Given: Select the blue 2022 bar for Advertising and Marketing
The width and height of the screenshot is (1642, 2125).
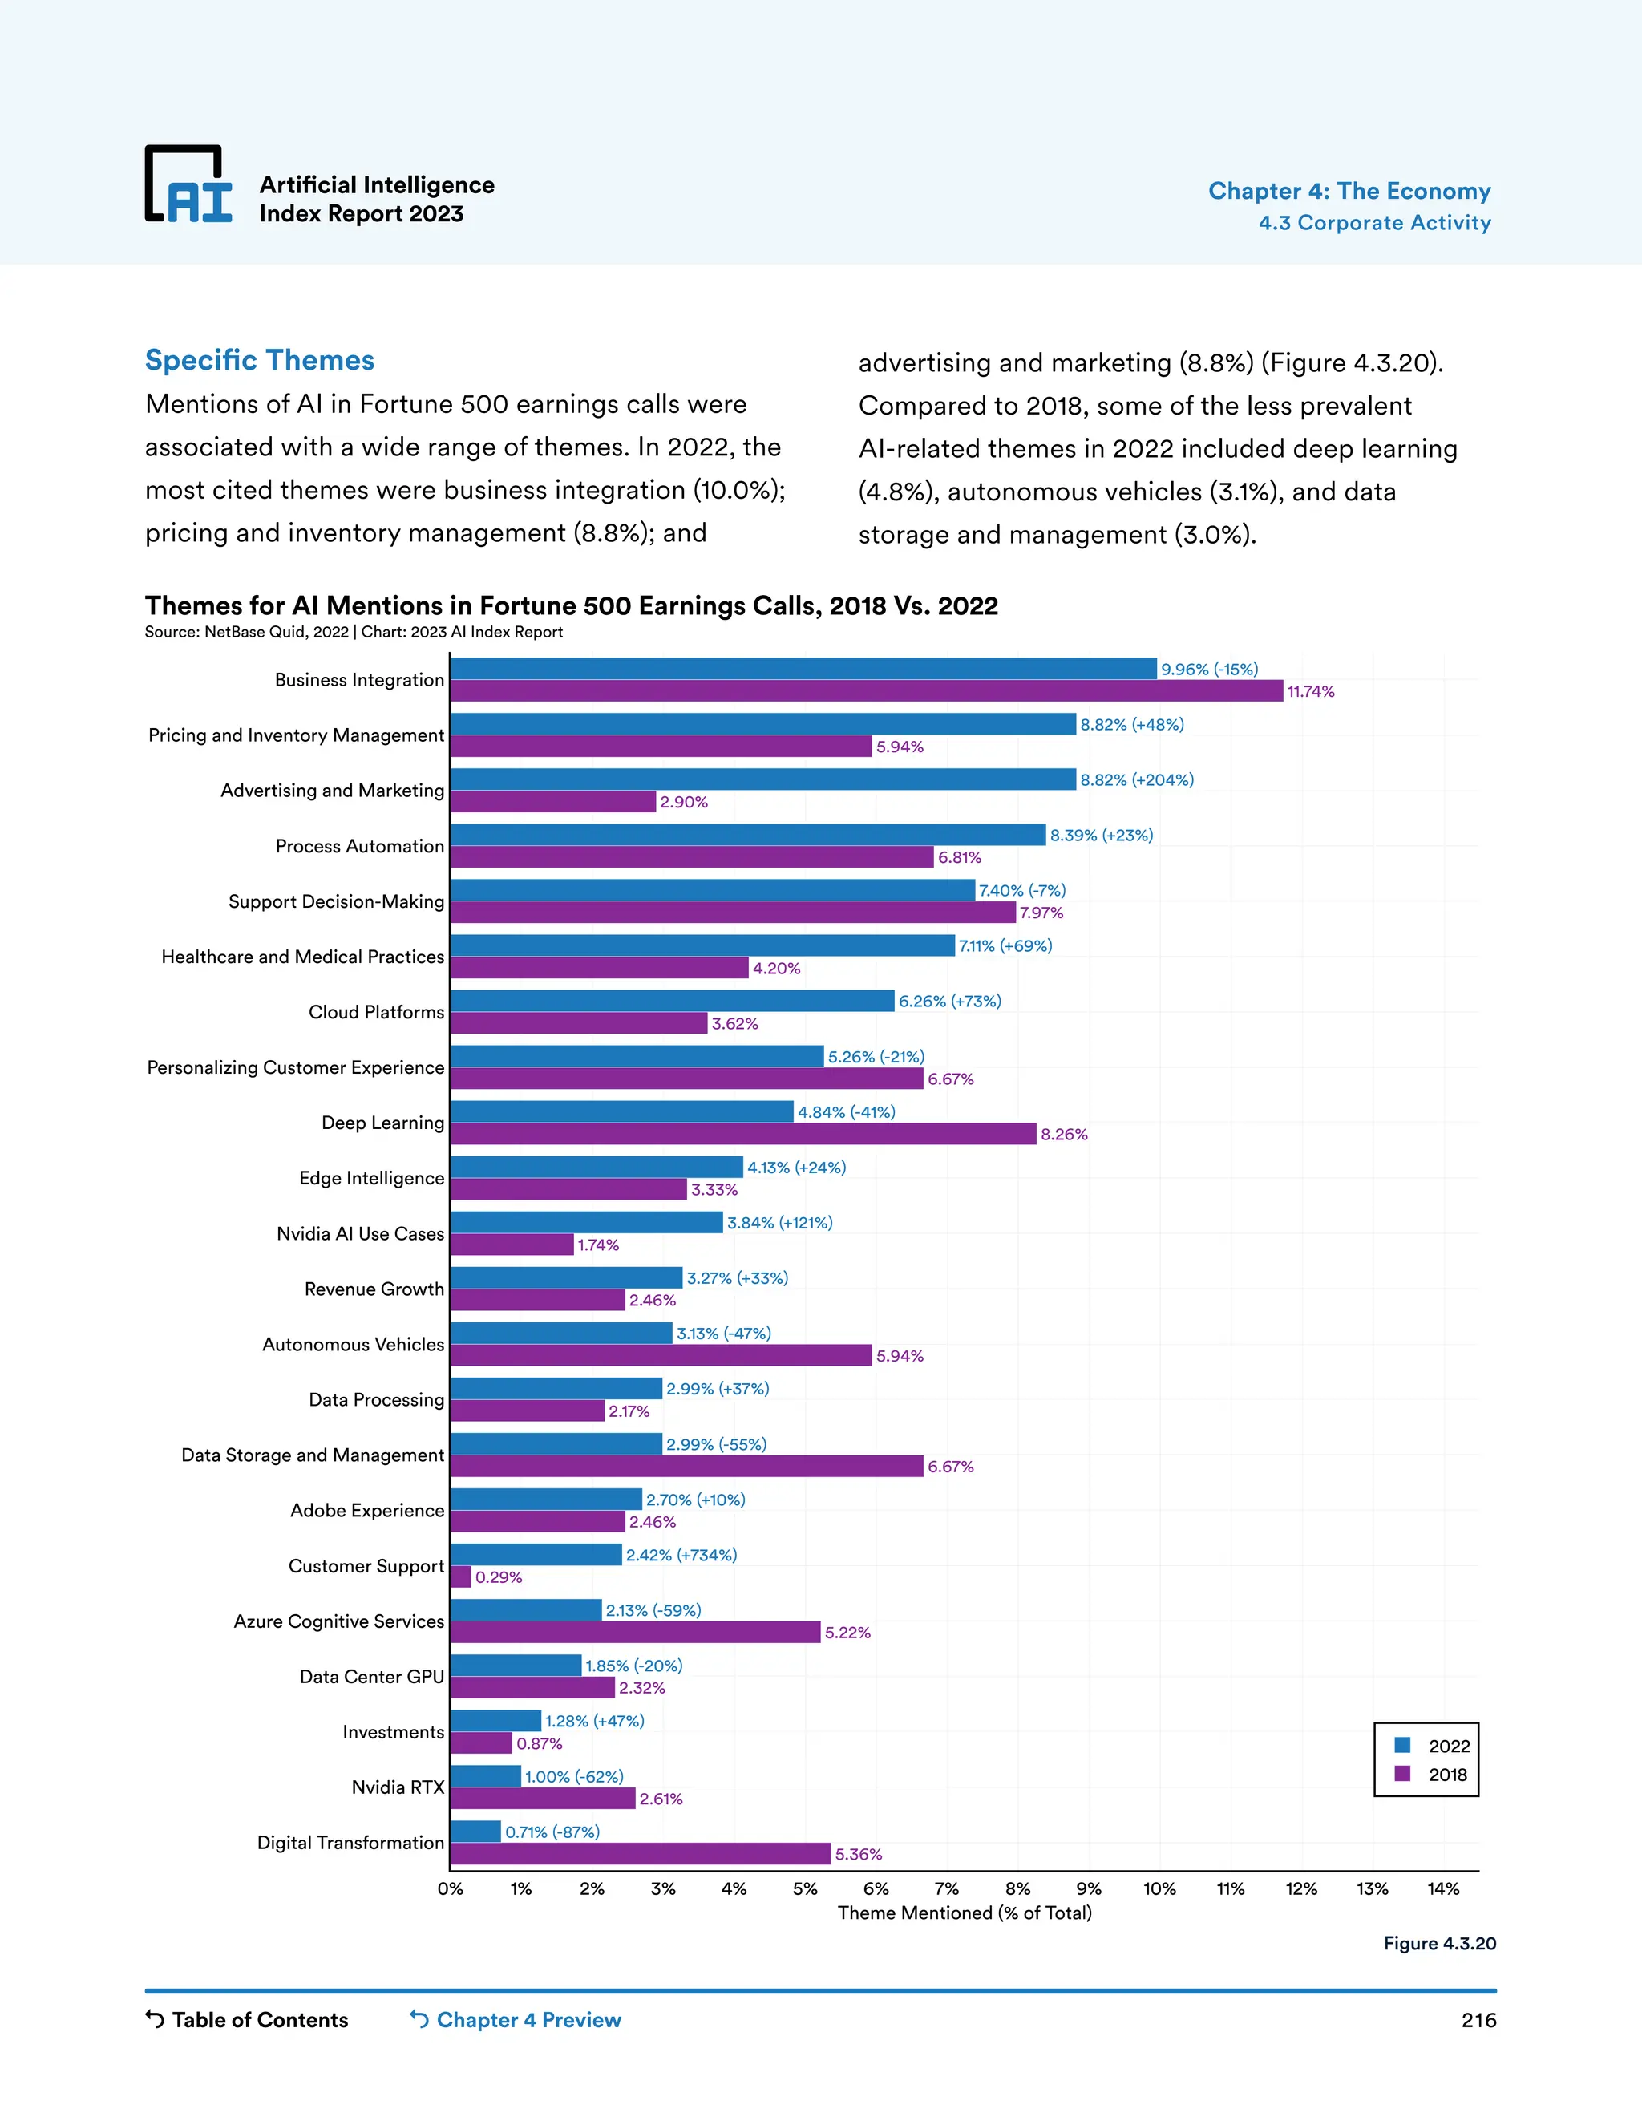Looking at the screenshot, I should [762, 779].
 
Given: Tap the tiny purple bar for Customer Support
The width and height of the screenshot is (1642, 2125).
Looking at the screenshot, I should [460, 1577].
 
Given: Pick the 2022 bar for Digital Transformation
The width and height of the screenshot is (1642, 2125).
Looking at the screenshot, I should [475, 1832].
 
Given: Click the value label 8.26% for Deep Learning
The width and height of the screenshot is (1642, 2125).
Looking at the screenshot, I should [1063, 1135].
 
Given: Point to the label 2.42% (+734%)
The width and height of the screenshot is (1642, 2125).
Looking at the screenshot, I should [681, 1555].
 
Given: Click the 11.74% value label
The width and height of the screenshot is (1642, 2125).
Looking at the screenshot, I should [1310, 692].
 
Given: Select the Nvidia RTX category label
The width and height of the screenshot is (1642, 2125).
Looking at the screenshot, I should [397, 1787].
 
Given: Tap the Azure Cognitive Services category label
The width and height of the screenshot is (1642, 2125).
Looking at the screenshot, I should [338, 1621].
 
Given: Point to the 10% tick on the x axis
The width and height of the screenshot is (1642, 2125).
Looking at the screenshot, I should [1159, 1888].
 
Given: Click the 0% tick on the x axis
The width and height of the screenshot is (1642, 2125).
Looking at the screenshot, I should [451, 1888].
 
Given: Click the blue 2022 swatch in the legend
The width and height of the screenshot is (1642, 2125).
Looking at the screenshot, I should [1401, 1745].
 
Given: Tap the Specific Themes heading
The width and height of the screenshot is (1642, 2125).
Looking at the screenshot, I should [260, 360].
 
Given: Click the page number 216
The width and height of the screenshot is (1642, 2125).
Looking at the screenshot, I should [1478, 2020].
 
